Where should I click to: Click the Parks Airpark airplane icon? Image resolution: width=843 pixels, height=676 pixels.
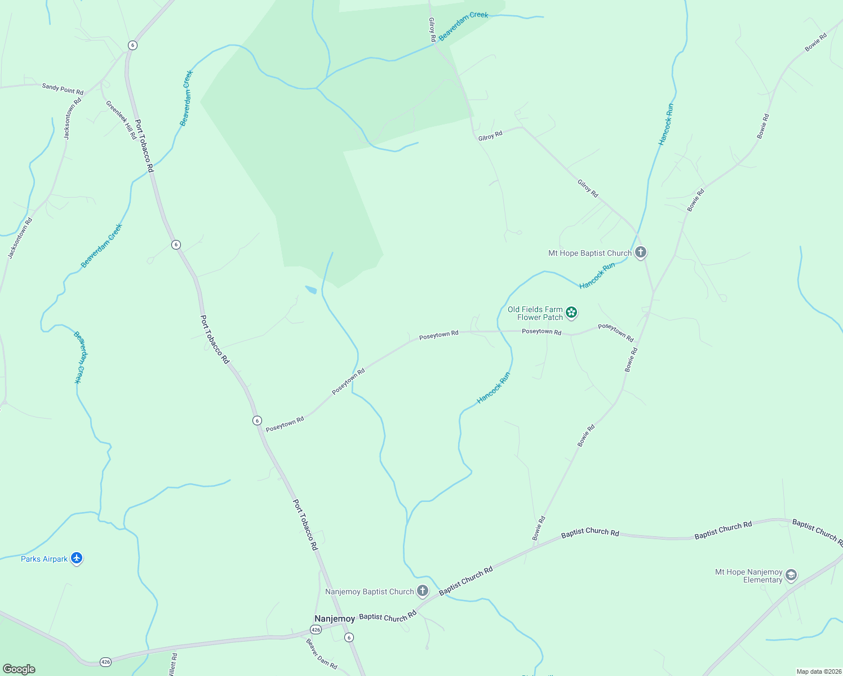point(77,559)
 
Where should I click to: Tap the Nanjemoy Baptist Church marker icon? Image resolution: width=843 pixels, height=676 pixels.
point(423,591)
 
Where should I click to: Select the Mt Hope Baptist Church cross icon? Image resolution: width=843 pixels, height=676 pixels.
point(640,252)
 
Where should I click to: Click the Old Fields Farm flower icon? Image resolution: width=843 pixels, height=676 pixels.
point(571,313)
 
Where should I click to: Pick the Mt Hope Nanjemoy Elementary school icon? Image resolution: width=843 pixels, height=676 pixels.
point(791,575)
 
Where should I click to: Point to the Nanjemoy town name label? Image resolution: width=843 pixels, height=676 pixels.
point(335,619)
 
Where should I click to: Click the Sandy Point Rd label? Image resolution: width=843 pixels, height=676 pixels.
point(63,88)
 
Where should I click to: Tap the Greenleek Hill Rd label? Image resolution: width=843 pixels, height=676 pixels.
point(121,119)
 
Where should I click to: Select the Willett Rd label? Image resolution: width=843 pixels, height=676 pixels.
point(173,665)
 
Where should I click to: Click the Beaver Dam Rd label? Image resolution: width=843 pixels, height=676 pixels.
point(322,654)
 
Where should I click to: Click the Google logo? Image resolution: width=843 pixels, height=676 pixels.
point(19,669)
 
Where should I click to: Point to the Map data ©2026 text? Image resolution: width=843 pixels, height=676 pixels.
point(818,671)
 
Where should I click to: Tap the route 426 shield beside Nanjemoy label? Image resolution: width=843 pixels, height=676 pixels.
point(316,629)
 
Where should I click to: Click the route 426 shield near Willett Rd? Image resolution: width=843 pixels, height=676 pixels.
point(105,661)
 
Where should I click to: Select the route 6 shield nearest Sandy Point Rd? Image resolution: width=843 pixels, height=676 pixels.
point(132,45)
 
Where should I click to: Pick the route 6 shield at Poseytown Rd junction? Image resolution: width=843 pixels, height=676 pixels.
point(257,420)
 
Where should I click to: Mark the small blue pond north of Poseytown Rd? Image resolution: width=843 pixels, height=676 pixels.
point(311,290)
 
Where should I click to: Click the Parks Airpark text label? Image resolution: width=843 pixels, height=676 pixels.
point(44,559)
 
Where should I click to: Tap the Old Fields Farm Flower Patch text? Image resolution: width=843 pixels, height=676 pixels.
point(535,313)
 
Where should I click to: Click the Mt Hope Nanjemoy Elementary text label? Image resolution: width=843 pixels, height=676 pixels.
point(749,576)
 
